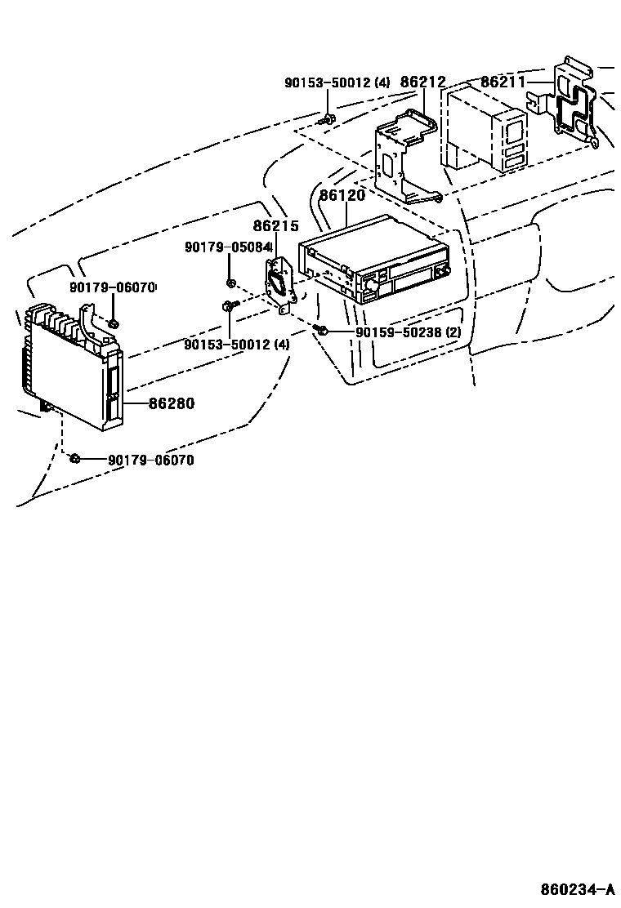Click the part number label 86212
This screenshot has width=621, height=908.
coord(422,82)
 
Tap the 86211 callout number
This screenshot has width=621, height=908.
coord(503,82)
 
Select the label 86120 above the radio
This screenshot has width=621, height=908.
coord(342,196)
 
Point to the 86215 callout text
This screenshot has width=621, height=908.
coord(275,227)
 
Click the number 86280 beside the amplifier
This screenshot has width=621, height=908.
coord(171,403)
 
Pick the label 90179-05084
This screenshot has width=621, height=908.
coord(228,247)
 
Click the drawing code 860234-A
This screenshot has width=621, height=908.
coord(577,888)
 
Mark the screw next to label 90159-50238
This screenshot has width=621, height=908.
coord(322,330)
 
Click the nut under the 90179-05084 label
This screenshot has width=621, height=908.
coord(231,283)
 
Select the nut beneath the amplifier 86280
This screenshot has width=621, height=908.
coord(74,458)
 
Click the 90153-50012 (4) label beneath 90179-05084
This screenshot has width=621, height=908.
coord(237,345)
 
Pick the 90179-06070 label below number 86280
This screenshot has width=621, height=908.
coord(151,461)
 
